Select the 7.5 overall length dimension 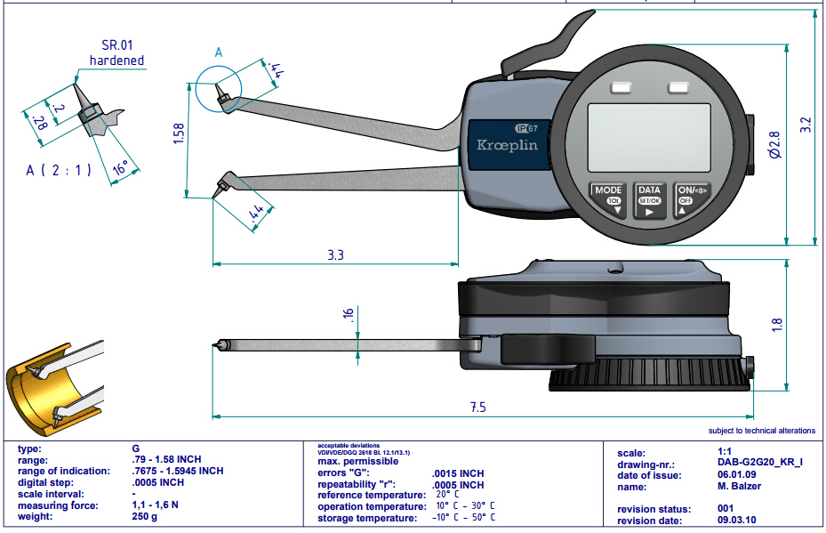[477, 408]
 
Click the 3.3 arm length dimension [335, 255]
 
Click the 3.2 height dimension [806, 125]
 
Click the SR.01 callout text [116, 44]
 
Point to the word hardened [116, 61]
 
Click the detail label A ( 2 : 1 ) [60, 169]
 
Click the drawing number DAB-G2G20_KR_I [760, 464]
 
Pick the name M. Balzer [738, 487]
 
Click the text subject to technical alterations [761, 431]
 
